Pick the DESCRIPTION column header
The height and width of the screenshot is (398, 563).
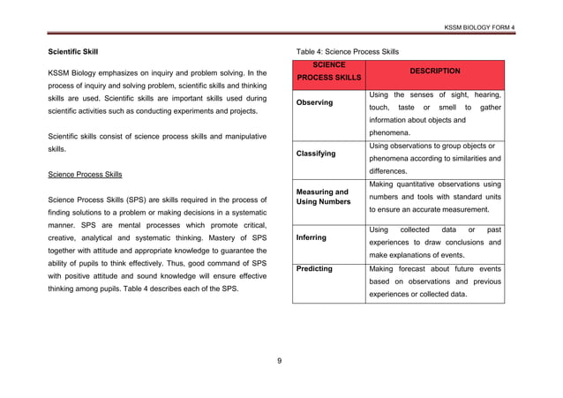coord(433,71)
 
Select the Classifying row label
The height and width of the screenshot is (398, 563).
coord(316,154)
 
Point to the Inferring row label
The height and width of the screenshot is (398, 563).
coord(312,237)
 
